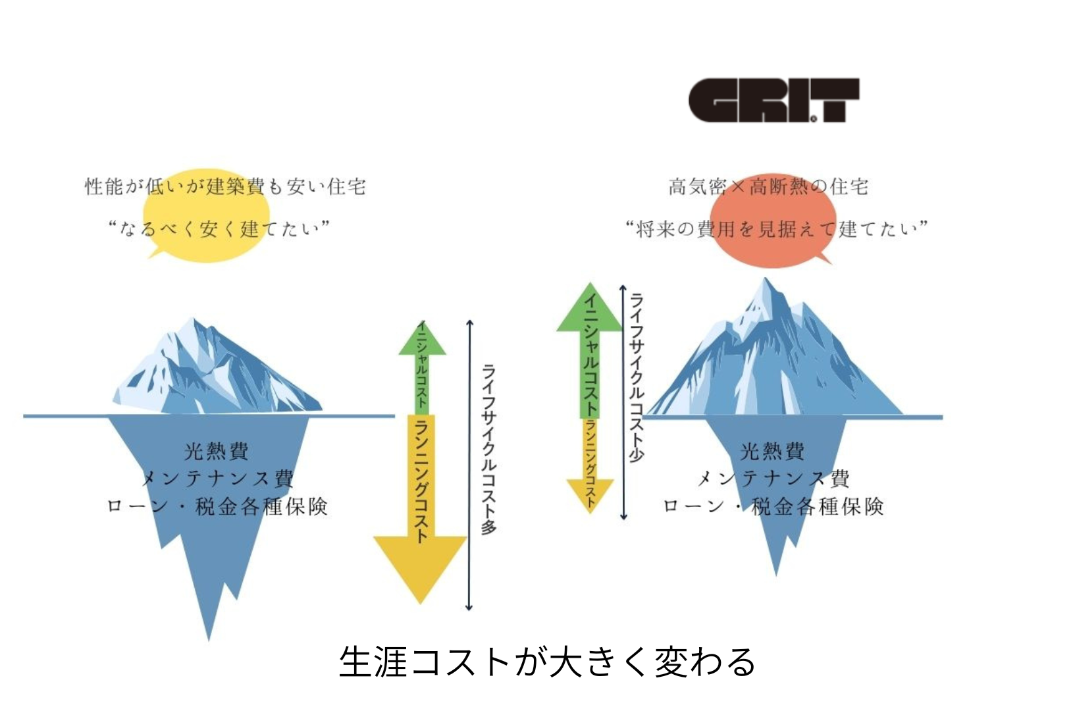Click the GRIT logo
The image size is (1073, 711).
click(x=773, y=101)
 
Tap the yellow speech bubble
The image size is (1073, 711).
click(x=205, y=214)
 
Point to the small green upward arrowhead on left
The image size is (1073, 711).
click(x=422, y=340)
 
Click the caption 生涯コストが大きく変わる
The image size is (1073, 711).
click(x=547, y=662)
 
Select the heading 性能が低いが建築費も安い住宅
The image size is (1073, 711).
click(x=225, y=187)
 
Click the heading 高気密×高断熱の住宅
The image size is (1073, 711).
click(x=768, y=187)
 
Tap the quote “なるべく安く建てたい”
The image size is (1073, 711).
click(x=219, y=229)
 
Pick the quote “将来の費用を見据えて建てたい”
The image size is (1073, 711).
click(x=776, y=229)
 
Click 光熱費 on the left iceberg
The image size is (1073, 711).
click(x=217, y=451)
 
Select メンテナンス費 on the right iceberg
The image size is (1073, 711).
click(x=773, y=479)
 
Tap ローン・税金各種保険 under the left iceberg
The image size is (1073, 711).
click(x=217, y=506)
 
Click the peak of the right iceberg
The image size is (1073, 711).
click(x=766, y=280)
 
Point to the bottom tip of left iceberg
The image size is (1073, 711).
click(x=209, y=637)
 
